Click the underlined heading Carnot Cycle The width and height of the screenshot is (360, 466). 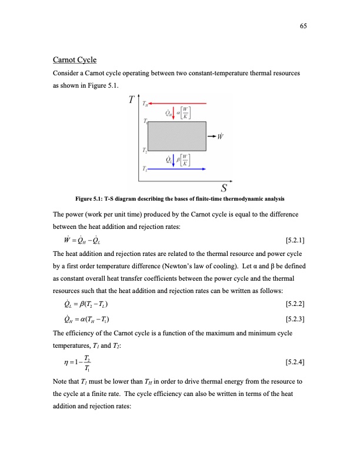[75, 60]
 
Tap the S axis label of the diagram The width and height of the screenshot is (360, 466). [224, 188]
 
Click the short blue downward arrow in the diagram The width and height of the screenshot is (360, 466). [175, 159]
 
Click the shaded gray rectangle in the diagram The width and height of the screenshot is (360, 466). [176, 137]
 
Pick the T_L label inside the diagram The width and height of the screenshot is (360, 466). [144, 169]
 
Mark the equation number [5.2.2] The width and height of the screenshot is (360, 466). [294, 304]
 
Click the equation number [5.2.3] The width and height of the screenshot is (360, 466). [294, 319]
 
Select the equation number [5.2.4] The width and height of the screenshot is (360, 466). [294, 362]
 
